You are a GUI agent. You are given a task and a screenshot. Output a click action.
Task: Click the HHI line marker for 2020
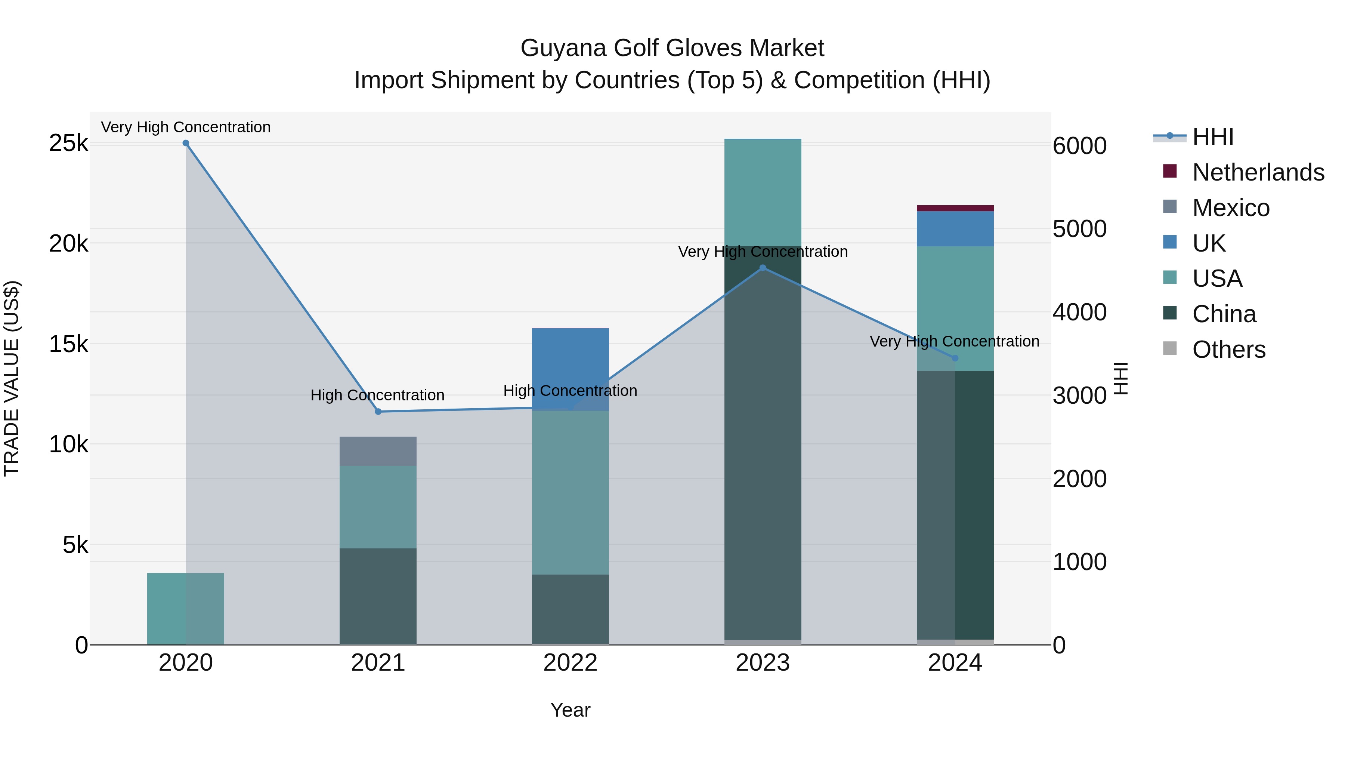[x=186, y=143]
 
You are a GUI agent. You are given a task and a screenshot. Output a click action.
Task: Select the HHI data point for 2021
[x=378, y=412]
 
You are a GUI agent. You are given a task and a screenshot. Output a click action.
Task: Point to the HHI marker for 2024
[x=955, y=359]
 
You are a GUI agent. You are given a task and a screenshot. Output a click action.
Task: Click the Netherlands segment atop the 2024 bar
[x=955, y=209]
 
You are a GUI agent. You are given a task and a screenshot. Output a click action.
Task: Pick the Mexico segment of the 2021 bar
[x=378, y=451]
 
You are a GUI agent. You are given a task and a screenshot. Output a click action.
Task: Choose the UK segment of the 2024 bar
[x=955, y=229]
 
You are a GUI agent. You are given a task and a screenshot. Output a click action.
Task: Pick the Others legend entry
[x=1228, y=350]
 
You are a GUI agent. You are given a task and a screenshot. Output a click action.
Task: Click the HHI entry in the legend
[x=1212, y=137]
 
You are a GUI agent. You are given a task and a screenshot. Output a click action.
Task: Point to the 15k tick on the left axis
[x=68, y=344]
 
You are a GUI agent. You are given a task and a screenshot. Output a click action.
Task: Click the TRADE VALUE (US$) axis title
[x=12, y=378]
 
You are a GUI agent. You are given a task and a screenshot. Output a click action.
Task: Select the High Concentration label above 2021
[x=377, y=396]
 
